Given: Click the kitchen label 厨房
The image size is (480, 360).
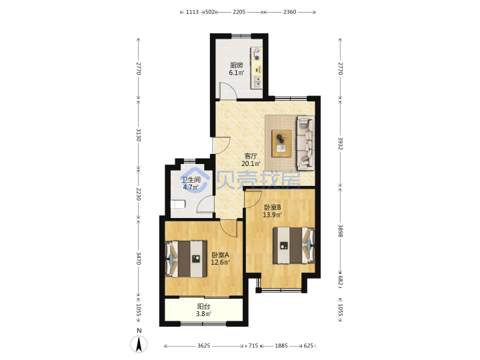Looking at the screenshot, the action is click(236, 65).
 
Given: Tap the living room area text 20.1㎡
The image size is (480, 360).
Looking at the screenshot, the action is click(251, 164).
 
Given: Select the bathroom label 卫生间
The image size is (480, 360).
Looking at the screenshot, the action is click(191, 180).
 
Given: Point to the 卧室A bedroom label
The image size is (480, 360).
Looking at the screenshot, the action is click(221, 255).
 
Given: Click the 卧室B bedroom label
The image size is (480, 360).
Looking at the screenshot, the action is click(273, 207).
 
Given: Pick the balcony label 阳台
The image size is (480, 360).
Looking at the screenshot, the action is click(203, 307).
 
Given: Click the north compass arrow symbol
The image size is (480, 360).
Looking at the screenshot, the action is click(139, 344).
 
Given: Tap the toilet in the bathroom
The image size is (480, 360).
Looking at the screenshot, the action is click(178, 204).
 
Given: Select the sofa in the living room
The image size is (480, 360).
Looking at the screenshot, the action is click(305, 143).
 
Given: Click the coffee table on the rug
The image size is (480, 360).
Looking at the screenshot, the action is click(282, 143).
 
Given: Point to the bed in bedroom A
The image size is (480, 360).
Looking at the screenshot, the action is click(186, 259).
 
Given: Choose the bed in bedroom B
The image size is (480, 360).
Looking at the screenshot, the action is click(294, 245).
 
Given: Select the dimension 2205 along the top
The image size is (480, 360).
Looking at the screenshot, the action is click(239, 12).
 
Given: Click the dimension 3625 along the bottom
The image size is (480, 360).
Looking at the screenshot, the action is click(203, 345).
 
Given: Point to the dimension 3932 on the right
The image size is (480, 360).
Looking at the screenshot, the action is click(340, 143).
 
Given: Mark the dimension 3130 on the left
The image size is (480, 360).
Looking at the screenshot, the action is click(139, 135).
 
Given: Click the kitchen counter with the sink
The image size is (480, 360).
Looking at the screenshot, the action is click(257, 68).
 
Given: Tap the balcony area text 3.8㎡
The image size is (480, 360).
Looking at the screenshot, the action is click(203, 314).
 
